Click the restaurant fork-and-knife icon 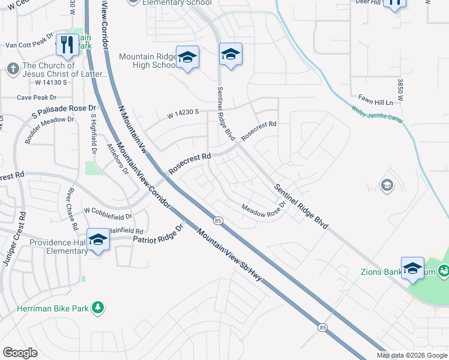[66, 45]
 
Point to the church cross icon [12, 68]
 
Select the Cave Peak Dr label [36, 97]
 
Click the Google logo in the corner [20, 353]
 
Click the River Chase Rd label [72, 209]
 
